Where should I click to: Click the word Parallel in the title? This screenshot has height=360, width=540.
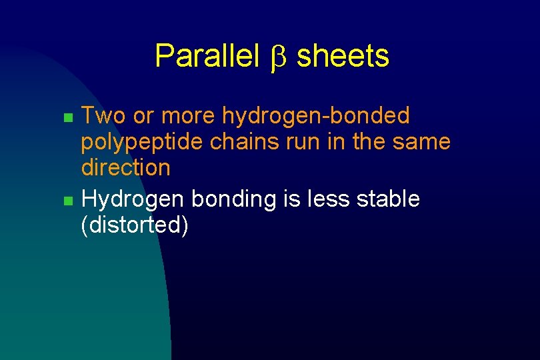tap(207, 56)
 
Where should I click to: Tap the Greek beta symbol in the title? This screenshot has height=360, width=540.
tap(278, 57)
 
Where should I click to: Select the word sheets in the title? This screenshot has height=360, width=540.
tap(343, 56)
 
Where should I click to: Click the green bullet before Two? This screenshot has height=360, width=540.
tap(67, 117)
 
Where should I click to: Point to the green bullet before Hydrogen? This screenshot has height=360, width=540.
tap(67, 200)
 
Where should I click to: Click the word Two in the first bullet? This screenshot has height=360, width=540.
tap(103, 116)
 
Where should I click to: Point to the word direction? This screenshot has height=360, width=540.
tap(125, 167)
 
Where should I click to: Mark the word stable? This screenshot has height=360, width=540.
tap(391, 199)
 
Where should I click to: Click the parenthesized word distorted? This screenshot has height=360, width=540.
tap(134, 225)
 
